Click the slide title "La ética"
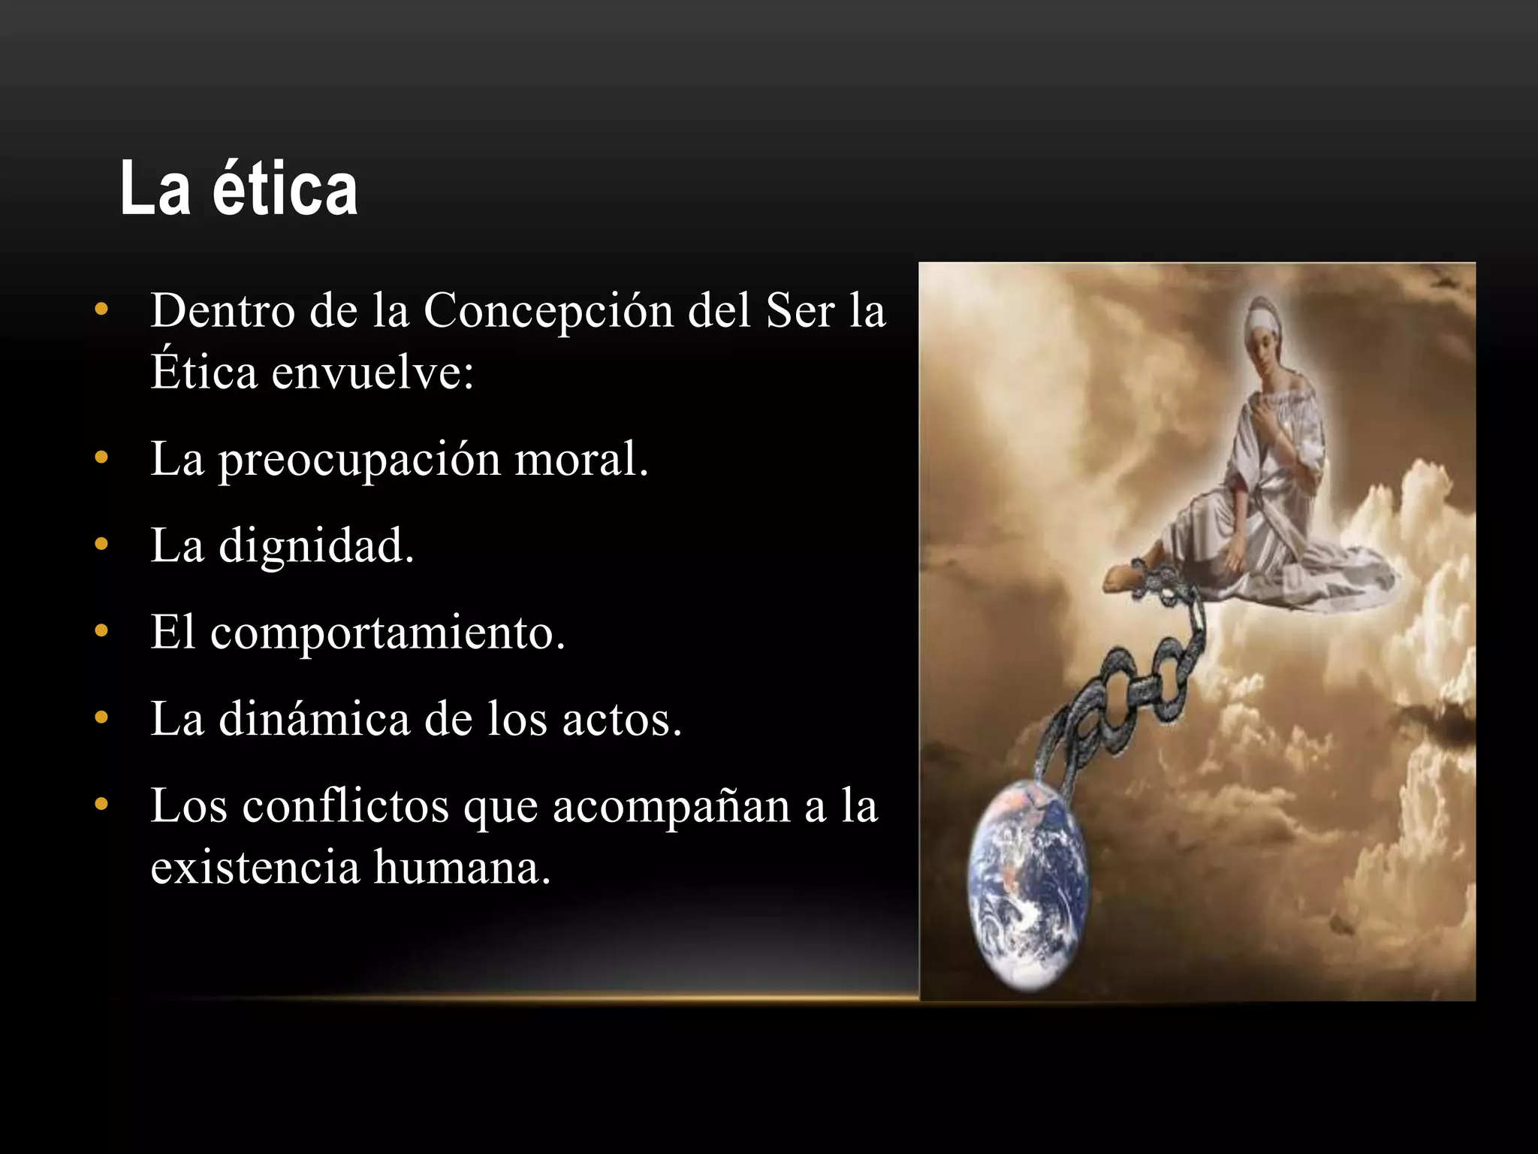pyautogui.click(x=239, y=189)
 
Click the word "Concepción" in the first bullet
pyautogui.click(x=548, y=310)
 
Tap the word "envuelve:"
pyautogui.click(x=372, y=372)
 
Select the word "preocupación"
pyautogui.click(x=359, y=460)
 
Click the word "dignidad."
pyautogui.click(x=316, y=545)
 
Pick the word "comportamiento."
pyautogui.click(x=388, y=633)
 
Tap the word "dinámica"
pyautogui.click(x=314, y=719)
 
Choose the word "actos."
pyautogui.click(x=622, y=720)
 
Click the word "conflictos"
pyautogui.click(x=345, y=806)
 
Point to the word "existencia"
pyautogui.click(x=255, y=867)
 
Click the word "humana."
pyautogui.click(x=463, y=867)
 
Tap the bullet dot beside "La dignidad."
pyautogui.click(x=101, y=545)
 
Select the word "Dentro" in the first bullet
pyautogui.click(x=222, y=310)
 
